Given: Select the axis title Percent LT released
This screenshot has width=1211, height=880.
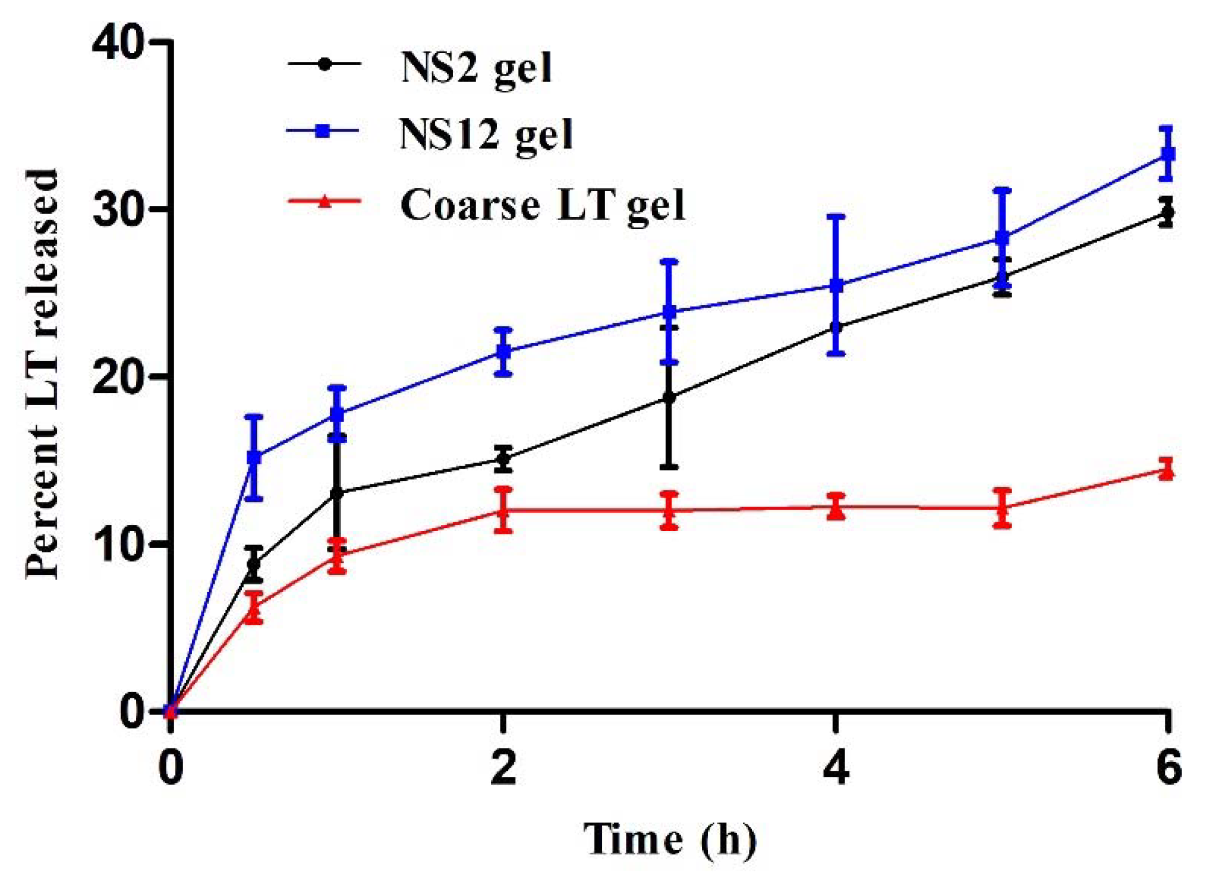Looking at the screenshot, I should click(42, 373).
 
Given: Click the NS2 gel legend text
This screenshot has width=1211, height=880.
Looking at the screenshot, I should click(476, 69).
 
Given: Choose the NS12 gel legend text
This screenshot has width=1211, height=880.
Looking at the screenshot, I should click(486, 135).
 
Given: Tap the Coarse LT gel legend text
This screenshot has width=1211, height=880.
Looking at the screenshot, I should click(542, 206).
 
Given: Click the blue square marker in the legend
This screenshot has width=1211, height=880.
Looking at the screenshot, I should click(323, 131).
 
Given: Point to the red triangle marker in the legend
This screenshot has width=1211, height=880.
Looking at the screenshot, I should click(324, 201).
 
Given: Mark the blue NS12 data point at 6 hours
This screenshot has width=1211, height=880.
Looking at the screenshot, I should click(1166, 154).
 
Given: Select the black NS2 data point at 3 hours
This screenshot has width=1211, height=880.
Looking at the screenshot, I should click(669, 398).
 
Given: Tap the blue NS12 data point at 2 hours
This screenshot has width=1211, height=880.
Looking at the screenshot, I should click(503, 352).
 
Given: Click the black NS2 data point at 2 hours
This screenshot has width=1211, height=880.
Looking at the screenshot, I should click(503, 459).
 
